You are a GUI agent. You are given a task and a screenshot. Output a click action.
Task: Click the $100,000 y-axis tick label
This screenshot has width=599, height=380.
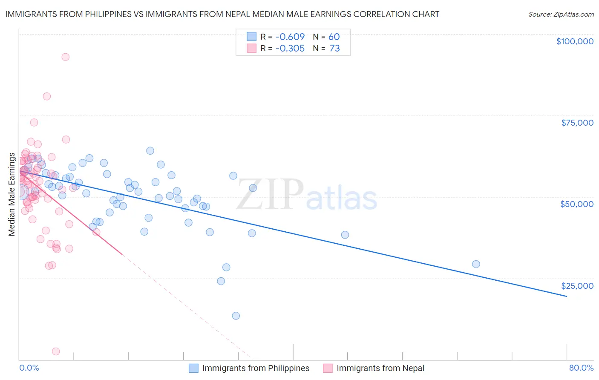click(575, 41)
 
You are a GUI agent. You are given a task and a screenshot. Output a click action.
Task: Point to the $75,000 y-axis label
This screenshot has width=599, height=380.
click(577, 123)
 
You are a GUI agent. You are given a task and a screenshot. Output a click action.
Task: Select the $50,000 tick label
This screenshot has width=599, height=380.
click(576, 204)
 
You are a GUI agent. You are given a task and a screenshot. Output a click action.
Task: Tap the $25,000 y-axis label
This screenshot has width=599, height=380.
click(577, 286)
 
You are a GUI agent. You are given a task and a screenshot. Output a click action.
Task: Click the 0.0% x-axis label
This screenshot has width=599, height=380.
click(29, 368)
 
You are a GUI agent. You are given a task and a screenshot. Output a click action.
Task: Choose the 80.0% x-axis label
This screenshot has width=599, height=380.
click(581, 368)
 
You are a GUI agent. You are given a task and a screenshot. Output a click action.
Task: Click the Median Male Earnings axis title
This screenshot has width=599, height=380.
click(12, 194)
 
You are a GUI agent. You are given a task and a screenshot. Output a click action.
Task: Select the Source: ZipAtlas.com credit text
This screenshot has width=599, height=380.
click(561, 14)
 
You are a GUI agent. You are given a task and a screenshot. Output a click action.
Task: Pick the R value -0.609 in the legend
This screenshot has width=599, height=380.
click(290, 37)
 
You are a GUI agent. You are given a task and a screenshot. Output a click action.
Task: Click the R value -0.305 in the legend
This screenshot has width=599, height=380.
click(290, 49)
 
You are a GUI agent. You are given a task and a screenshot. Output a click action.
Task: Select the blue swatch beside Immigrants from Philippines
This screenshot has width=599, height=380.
click(194, 368)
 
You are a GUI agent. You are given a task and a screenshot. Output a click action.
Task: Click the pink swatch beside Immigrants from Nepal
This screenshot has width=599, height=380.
click(328, 368)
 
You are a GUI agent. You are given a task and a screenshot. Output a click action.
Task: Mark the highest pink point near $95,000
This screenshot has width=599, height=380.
click(65, 57)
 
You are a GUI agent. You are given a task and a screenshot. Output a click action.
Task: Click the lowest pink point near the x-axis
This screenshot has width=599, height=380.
click(56, 351)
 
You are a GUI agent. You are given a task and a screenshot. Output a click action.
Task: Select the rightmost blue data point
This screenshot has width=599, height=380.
click(476, 264)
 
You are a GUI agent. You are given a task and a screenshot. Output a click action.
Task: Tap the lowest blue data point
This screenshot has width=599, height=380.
click(236, 316)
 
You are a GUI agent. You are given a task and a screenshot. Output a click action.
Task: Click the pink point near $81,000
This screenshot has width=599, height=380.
click(47, 96)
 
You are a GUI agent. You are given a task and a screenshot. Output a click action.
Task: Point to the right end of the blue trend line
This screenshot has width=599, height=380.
click(567, 296)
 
